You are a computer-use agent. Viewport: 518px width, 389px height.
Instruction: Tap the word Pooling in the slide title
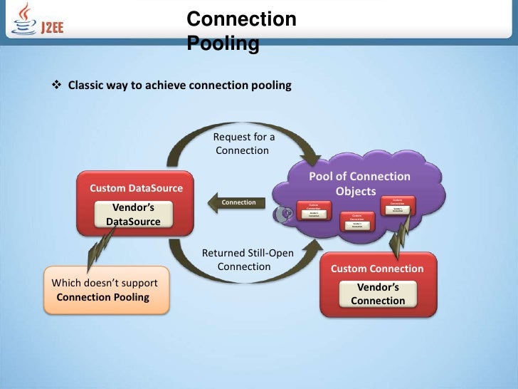click(222, 44)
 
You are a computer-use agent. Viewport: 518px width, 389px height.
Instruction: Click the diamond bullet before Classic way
click(58, 85)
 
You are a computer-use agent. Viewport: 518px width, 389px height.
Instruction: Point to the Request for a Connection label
click(243, 143)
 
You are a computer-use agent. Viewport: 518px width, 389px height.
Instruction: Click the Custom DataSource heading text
click(136, 188)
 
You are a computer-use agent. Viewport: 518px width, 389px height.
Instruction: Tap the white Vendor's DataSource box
click(134, 214)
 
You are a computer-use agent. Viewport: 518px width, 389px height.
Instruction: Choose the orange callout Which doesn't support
click(107, 290)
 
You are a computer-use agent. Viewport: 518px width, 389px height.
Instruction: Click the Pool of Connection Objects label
click(359, 184)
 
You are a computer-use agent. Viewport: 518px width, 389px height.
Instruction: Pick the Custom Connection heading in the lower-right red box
click(377, 269)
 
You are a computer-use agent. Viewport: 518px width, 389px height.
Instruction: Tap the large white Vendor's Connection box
click(378, 294)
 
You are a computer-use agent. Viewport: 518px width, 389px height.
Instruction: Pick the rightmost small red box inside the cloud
click(398, 203)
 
